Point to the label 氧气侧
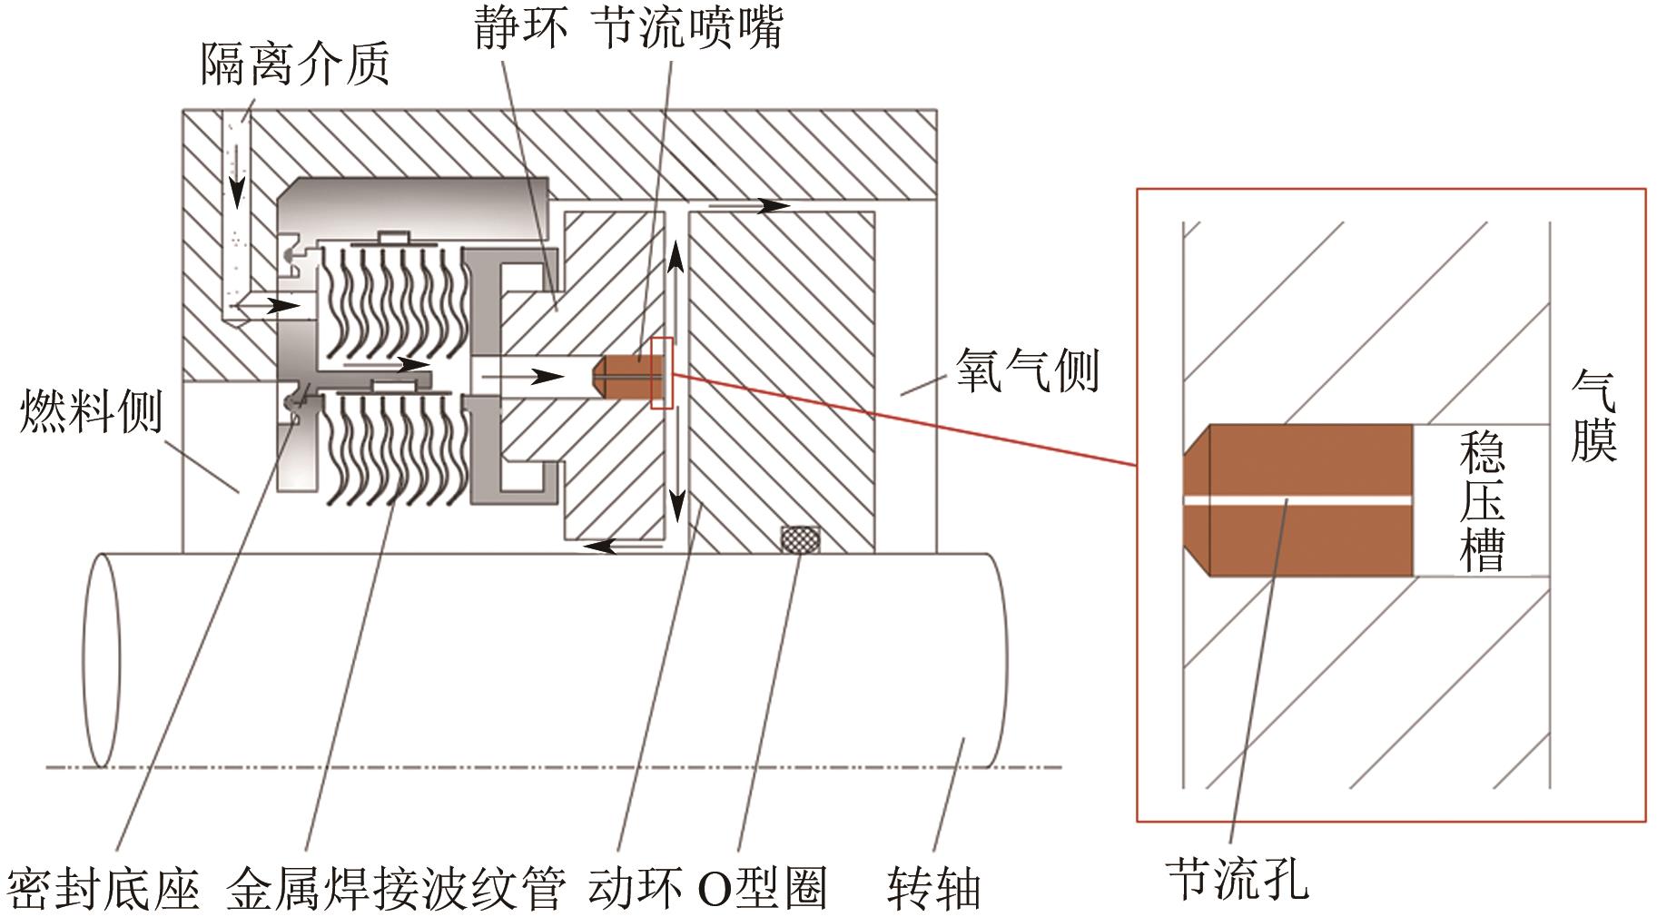(1028, 370)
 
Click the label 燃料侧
(91, 410)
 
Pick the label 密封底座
(104, 888)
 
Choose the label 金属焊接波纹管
(395, 888)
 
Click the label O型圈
(763, 888)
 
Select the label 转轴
(934, 888)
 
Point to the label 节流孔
(1238, 878)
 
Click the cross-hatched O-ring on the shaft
(801, 538)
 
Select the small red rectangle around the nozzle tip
(662, 373)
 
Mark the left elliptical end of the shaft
(101, 657)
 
